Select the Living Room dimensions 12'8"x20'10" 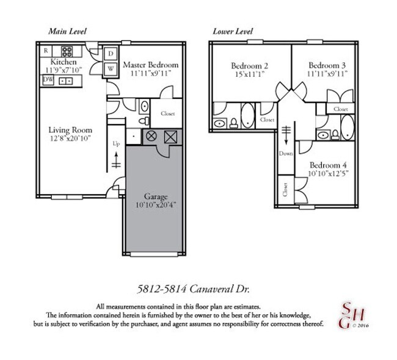(70, 139)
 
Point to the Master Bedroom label (150, 65)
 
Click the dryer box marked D (111, 54)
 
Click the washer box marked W (111, 68)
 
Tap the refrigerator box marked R (46, 51)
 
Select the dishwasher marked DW (48, 80)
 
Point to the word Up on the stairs (116, 144)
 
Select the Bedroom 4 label (327, 165)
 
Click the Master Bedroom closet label (168, 113)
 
